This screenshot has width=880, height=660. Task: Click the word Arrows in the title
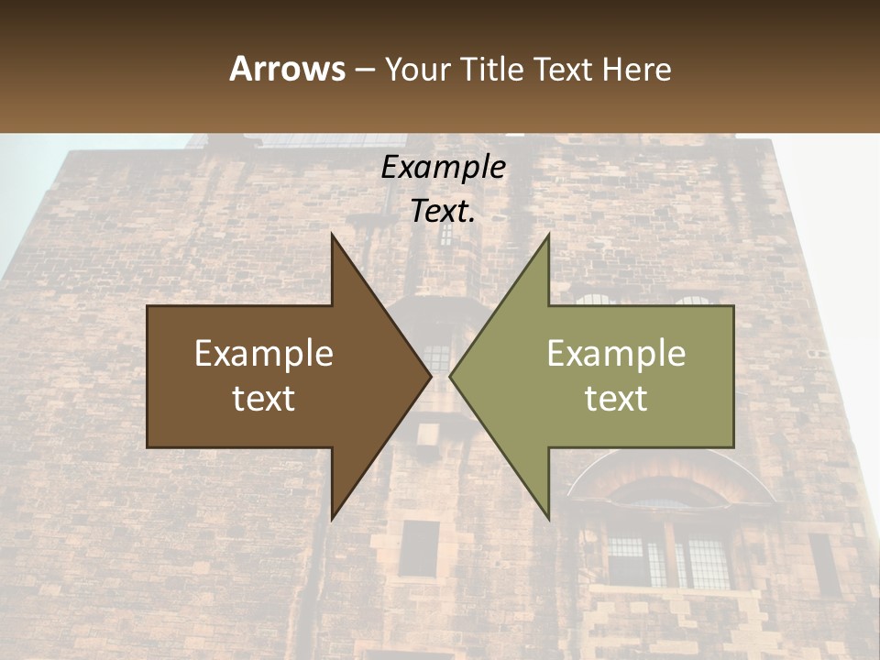pos(287,69)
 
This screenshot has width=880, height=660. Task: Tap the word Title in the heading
pos(492,69)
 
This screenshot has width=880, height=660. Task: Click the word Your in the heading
pos(418,69)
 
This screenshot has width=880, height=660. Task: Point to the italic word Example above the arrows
pos(443,167)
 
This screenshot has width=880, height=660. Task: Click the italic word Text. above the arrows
pos(443,211)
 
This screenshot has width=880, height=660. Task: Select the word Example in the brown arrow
pos(264,354)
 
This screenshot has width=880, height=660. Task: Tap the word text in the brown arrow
pos(264,399)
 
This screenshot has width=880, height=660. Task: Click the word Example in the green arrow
pos(616,354)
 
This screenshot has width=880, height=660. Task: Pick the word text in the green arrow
pos(616,399)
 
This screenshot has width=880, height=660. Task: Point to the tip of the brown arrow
pos(430,377)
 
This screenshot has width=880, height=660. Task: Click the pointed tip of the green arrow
pos(451,377)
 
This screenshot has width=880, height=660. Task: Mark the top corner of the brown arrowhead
pos(332,236)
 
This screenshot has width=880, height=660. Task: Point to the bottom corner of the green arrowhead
pos(548,519)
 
